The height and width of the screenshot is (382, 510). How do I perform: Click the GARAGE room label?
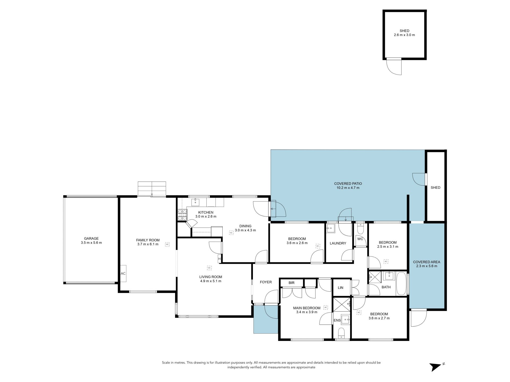(91, 238)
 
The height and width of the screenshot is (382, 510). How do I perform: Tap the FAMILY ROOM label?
(148, 240)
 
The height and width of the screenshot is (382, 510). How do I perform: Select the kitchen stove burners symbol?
(182, 215)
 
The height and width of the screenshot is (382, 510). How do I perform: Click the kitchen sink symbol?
(195, 202)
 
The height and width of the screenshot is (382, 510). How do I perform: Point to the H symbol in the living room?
(219, 259)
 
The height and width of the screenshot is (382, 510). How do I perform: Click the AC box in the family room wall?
(123, 273)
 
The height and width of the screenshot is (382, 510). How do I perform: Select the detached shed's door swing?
(394, 66)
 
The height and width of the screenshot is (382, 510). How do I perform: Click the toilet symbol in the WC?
(360, 228)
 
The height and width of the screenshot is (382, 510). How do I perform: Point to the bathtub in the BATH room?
(401, 283)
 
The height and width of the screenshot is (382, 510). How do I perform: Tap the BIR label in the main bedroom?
(291, 283)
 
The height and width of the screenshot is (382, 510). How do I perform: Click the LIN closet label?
(341, 288)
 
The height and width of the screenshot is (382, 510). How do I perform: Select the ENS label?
(337, 320)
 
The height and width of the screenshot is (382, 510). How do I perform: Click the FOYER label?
(266, 282)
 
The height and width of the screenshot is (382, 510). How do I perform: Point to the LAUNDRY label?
(338, 243)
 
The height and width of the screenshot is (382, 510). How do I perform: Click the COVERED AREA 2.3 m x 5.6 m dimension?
(427, 266)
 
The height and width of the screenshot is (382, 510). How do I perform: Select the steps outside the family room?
(152, 188)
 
